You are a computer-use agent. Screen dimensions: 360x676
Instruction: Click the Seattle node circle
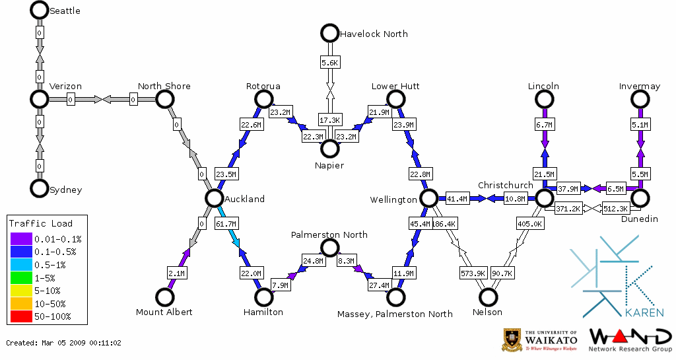tap(40, 10)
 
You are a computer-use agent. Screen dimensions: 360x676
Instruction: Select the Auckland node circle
tap(213, 198)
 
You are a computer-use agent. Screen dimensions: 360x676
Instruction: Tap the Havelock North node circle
tap(329, 33)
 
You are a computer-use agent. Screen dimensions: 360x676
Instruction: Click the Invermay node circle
tap(640, 99)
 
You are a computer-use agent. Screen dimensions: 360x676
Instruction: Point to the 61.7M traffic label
tap(226, 225)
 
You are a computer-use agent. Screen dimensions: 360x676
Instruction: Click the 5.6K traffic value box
tap(330, 63)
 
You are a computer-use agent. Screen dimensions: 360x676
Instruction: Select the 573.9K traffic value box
tap(473, 273)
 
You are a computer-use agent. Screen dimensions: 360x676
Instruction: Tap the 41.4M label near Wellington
tap(456, 198)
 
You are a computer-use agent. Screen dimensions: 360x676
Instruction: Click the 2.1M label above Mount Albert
tap(176, 273)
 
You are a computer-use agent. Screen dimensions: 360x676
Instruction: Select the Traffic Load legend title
tap(41, 223)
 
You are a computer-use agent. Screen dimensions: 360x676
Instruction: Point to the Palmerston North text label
tap(329, 234)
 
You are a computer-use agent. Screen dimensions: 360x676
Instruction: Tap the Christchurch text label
tap(505, 185)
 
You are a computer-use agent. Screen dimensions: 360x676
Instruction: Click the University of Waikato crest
tap(514, 340)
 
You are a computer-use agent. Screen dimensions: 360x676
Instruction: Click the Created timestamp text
tap(64, 343)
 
